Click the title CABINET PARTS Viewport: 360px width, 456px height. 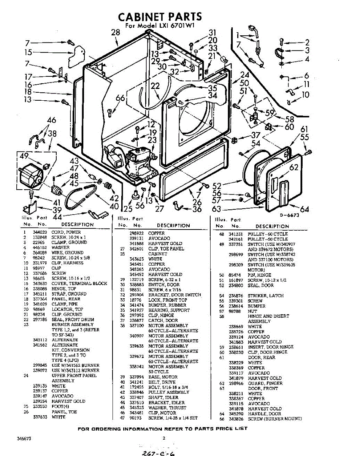[x=160, y=17]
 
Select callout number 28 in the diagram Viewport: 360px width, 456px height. [x=115, y=33]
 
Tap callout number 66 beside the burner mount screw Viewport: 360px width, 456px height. [x=121, y=98]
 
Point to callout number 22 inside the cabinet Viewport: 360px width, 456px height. [x=155, y=86]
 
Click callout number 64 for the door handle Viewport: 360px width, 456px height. [x=304, y=209]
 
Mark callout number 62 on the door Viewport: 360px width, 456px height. [x=293, y=167]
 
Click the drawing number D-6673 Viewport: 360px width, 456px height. [x=290, y=215]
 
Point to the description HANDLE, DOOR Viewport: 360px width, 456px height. [x=265, y=414]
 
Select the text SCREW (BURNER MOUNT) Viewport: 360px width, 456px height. [x=275, y=419]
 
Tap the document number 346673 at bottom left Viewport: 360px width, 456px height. [x=24, y=439]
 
